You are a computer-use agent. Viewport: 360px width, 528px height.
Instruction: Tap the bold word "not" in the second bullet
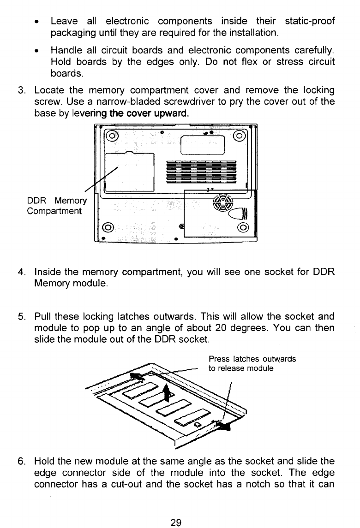(231, 61)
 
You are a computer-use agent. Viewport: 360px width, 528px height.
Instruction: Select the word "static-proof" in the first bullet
(310, 21)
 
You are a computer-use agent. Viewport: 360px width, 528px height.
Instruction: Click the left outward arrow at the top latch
(137, 377)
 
